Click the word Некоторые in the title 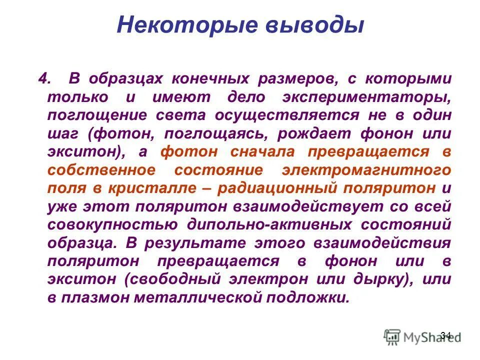(x=169, y=25)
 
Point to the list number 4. (x=44, y=78)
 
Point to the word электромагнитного (x=367, y=170)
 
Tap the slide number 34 (x=446, y=334)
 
